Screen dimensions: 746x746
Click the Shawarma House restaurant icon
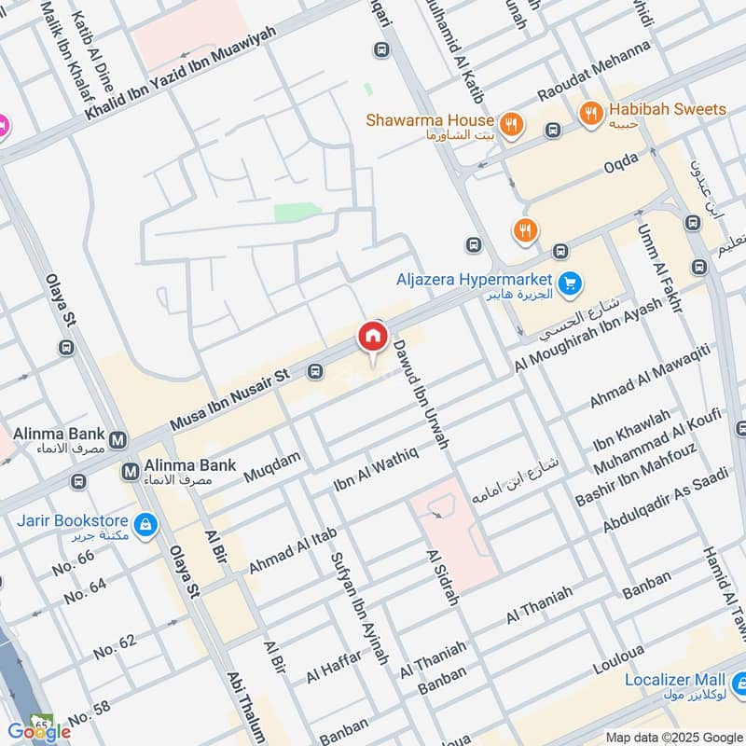coord(510,123)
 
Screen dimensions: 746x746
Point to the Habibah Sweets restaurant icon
coord(590,114)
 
